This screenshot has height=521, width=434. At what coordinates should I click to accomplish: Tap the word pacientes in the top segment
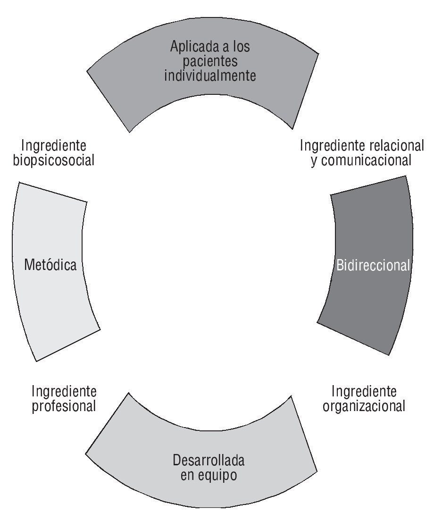(210, 61)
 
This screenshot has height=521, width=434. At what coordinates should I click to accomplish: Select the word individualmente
(210, 76)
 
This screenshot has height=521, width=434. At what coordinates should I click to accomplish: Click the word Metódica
(50, 265)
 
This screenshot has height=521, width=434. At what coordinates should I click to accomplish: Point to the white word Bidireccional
(373, 265)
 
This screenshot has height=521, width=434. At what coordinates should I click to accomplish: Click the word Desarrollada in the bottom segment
(209, 460)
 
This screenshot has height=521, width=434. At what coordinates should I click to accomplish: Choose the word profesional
(64, 406)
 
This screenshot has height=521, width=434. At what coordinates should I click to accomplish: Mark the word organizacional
(364, 406)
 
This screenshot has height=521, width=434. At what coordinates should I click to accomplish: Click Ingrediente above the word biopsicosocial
(54, 145)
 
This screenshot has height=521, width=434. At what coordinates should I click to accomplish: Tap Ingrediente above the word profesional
(64, 391)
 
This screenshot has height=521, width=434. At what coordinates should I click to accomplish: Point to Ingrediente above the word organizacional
(364, 391)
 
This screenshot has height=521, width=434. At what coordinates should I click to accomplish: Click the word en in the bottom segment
(188, 475)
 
